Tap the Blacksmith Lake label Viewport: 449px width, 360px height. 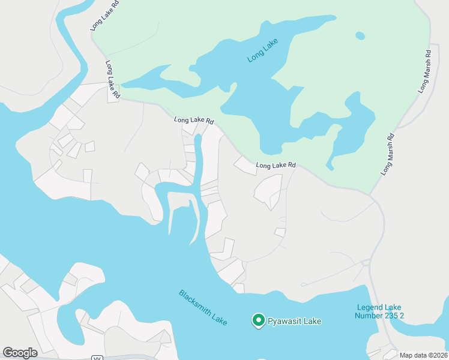[203, 308]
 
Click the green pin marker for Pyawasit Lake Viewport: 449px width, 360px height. [258, 320]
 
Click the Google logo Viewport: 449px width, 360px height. [20, 353]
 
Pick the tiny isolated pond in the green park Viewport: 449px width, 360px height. [360, 36]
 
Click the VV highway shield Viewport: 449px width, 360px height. [96, 358]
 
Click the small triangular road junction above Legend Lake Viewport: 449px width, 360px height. [365, 262]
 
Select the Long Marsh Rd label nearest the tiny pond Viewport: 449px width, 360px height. [425, 70]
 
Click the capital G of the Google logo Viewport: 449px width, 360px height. [8, 353]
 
